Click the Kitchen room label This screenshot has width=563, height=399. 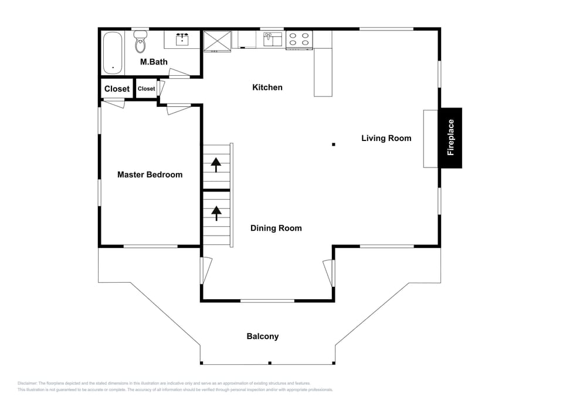pos(267,88)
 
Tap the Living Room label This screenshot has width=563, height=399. pos(386,139)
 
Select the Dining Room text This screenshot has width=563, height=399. pos(276,228)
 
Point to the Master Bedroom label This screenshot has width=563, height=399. pos(150,175)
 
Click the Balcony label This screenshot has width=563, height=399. pos(262,337)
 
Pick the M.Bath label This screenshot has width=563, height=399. pos(154,62)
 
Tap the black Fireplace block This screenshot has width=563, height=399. pos(450,138)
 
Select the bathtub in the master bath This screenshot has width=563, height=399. pos(113,53)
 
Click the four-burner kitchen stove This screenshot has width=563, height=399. pos(299,39)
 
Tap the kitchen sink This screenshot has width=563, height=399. pos(272,39)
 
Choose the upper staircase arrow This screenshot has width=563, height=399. pos(216,165)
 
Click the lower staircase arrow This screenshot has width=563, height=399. pos(216,213)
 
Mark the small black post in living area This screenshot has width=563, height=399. pos(333,144)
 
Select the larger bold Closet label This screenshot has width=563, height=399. pos(117,89)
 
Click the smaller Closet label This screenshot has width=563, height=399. pos(147,89)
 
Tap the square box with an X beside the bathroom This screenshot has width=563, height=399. pos(217,41)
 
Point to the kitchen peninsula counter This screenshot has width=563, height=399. pos(323,72)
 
